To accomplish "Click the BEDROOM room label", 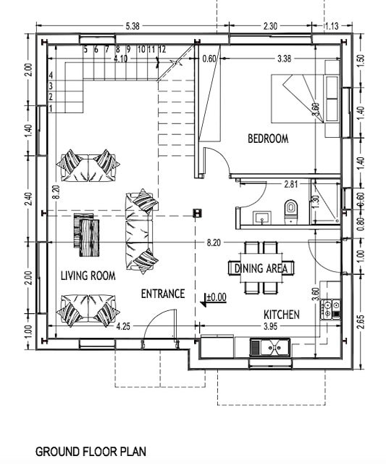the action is (268, 138).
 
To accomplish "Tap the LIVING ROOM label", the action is (88, 275).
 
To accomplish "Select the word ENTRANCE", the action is (163, 294).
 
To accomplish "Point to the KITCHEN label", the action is (282, 314).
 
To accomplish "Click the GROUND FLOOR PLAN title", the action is (91, 452).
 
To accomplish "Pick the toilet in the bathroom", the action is (290, 211).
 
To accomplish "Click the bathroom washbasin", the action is (262, 217).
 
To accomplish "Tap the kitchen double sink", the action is (270, 347).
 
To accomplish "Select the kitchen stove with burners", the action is (330, 310).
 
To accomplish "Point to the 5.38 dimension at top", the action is (133, 26).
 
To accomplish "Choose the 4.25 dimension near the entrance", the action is (123, 326).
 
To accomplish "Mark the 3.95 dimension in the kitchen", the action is (270, 326).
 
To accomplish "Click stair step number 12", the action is (162, 49).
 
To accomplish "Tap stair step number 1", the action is (51, 109).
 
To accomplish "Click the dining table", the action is (261, 268).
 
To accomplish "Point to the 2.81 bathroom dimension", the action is (291, 184).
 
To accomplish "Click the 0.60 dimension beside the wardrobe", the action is (209, 59).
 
